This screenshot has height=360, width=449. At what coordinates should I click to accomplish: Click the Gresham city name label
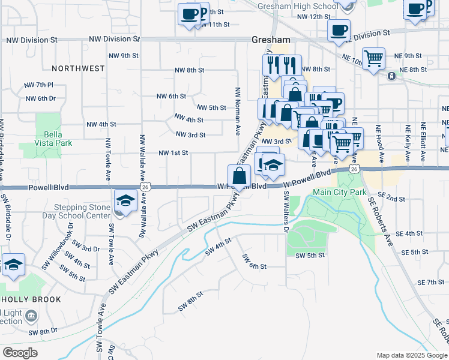pos(270,40)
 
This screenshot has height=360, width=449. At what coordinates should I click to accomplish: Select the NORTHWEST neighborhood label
pos(78,68)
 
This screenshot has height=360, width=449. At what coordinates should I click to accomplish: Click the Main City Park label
pos(339,193)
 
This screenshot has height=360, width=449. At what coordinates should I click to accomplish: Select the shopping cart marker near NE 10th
pos(374,59)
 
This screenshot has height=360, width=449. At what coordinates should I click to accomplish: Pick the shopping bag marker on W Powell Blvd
pos(239,176)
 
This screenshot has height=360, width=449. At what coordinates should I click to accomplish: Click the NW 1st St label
pos(173,153)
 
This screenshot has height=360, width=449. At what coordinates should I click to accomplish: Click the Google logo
pos(20,353)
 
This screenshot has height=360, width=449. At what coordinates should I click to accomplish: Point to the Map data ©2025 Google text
pos(411,355)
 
